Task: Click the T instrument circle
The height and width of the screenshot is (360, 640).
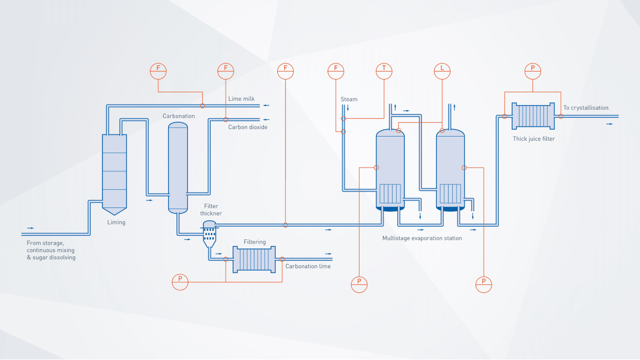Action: (x=383, y=70)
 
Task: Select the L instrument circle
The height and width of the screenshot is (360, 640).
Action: (x=442, y=70)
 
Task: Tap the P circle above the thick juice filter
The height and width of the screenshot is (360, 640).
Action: (x=532, y=70)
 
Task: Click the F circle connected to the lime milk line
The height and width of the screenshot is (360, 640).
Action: (x=158, y=70)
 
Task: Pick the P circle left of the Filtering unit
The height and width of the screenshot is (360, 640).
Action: (x=180, y=282)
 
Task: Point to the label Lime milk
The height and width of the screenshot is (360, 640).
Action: (x=241, y=99)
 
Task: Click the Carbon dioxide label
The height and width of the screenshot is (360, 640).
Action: (x=247, y=127)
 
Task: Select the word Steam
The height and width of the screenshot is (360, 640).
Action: (x=349, y=99)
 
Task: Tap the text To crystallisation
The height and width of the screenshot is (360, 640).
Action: (x=586, y=108)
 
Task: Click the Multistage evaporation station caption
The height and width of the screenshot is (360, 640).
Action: (x=422, y=238)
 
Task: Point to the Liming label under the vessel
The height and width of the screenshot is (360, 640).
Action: (x=116, y=222)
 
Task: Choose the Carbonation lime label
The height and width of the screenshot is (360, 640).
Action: (x=308, y=266)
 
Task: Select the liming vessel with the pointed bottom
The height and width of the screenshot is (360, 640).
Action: (x=115, y=171)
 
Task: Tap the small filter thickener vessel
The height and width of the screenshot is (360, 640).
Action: (x=209, y=233)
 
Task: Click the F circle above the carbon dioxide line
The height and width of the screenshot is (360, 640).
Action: (x=226, y=70)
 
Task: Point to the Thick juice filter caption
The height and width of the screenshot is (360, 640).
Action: (x=533, y=139)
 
